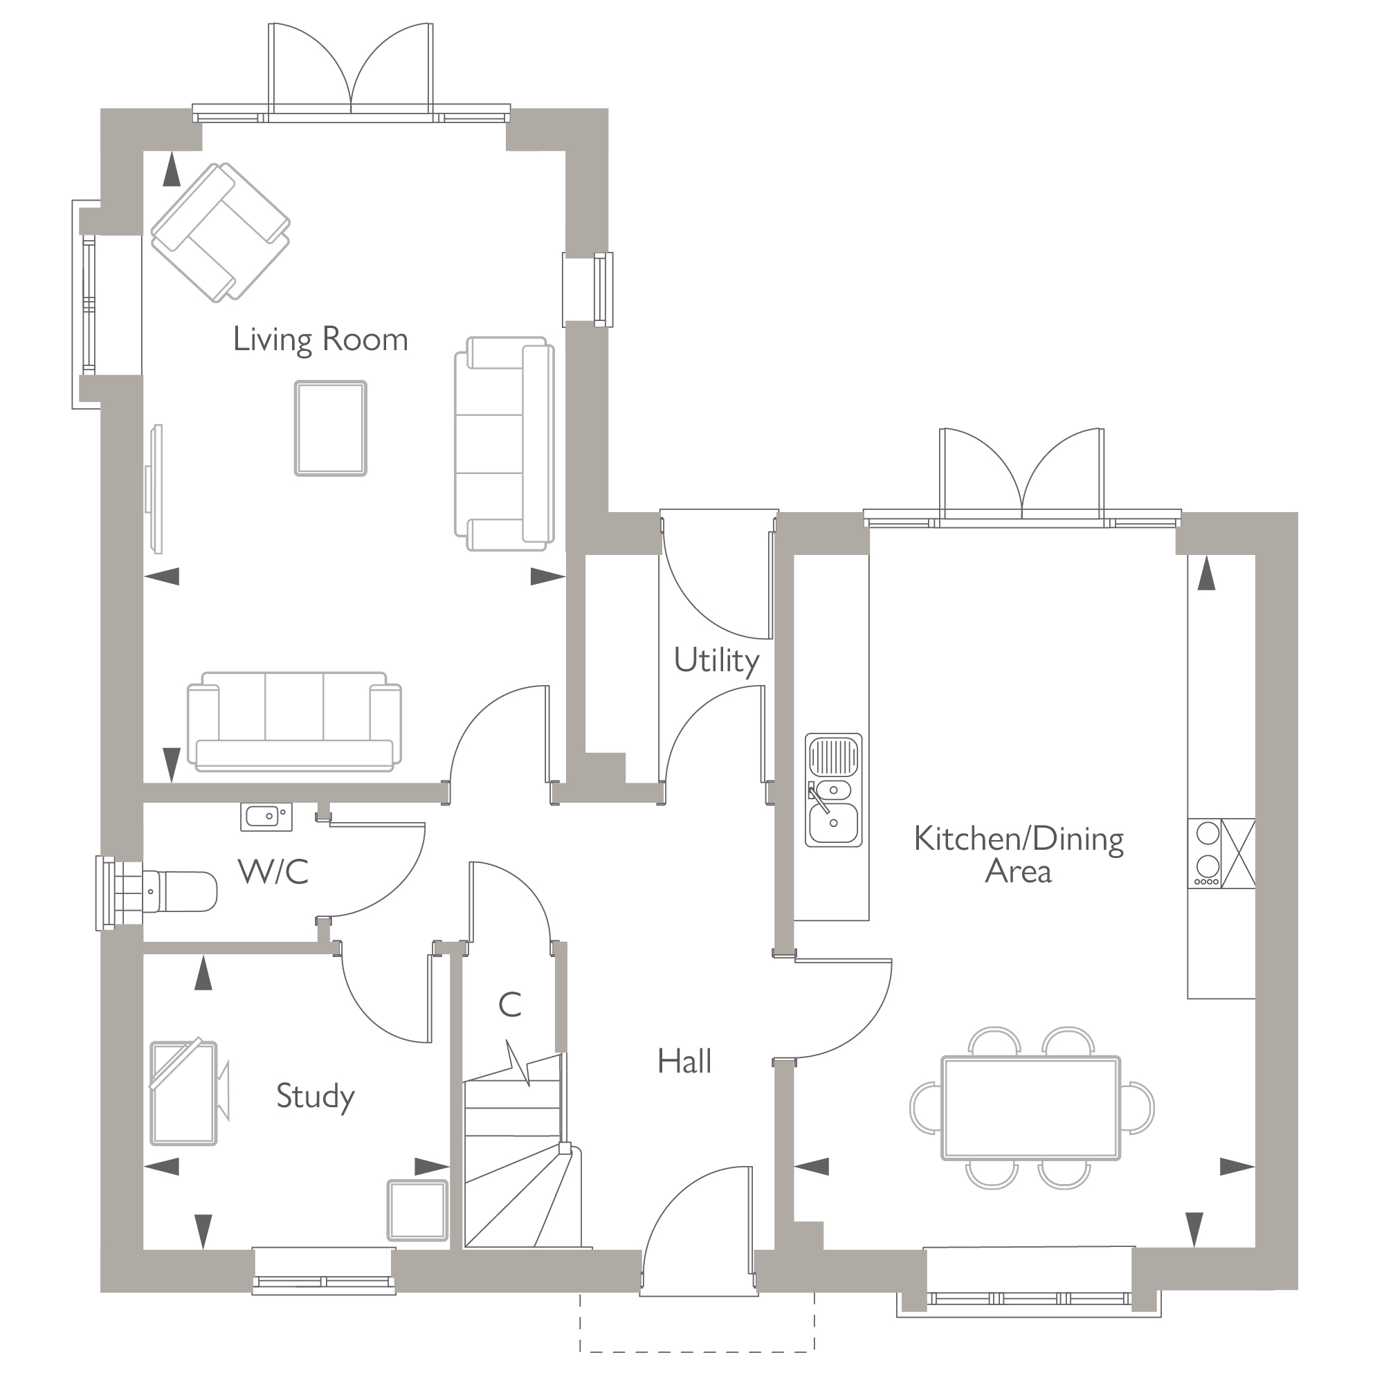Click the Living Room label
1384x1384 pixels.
coord(320,340)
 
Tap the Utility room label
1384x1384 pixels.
coord(716,659)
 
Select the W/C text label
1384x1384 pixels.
coord(273,872)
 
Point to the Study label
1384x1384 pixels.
coord(315,1096)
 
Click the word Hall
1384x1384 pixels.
coord(684,1062)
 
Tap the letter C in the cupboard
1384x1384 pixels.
coord(509,1005)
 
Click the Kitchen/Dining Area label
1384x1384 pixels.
coord(1018,855)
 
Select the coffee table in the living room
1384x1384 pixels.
coord(330,428)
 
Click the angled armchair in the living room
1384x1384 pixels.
coord(220,232)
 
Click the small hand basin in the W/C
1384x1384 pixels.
coord(266,816)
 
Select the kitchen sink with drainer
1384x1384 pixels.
coord(833,790)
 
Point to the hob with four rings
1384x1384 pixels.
coord(1208,853)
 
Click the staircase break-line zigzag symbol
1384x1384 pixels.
coord(517,1067)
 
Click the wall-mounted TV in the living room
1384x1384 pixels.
coord(157,489)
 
